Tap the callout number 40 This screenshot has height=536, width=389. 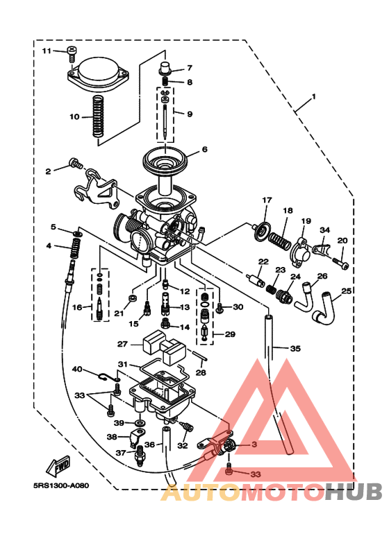click(x=77, y=370)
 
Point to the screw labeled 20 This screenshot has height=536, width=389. click(x=342, y=263)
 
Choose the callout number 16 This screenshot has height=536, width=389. click(x=77, y=307)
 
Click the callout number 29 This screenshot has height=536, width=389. click(x=230, y=334)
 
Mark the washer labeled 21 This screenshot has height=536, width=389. click(x=130, y=299)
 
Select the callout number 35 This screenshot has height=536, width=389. click(x=295, y=349)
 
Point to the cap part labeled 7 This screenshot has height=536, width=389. click(x=166, y=69)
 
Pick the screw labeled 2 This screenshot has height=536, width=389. click(x=74, y=165)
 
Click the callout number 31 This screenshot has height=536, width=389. click(x=122, y=364)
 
